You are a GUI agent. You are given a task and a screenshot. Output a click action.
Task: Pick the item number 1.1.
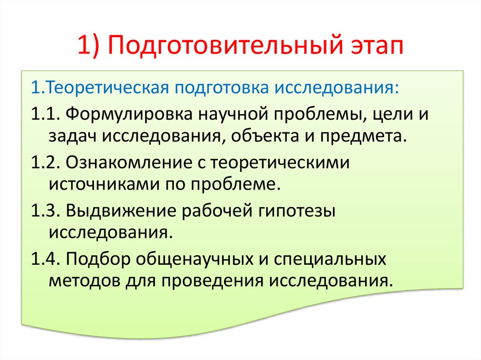click(45, 114)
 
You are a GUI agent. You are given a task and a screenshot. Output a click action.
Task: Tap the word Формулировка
click(127, 114)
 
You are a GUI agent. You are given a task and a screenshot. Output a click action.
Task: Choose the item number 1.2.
click(45, 163)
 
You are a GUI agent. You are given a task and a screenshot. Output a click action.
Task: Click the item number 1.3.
click(45, 211)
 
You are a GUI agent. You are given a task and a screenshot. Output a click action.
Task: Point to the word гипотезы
click(297, 211)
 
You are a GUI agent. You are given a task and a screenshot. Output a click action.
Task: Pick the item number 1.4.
click(45, 259)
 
